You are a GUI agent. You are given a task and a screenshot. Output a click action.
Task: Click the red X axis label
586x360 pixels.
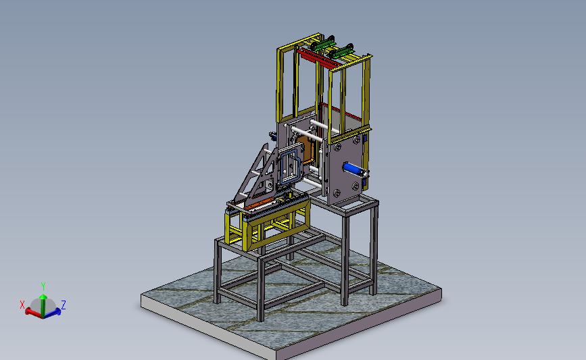click(x=22, y=305)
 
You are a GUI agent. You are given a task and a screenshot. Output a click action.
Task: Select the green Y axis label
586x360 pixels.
click(x=43, y=286)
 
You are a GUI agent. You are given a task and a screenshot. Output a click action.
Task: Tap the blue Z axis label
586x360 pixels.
click(x=64, y=305)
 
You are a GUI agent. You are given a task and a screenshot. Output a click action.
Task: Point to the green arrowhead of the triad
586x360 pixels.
click(x=43, y=297)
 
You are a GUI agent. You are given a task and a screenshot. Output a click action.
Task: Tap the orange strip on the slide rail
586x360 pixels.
click(x=259, y=203)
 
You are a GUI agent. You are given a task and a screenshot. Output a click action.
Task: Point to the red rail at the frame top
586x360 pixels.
click(x=318, y=59)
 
